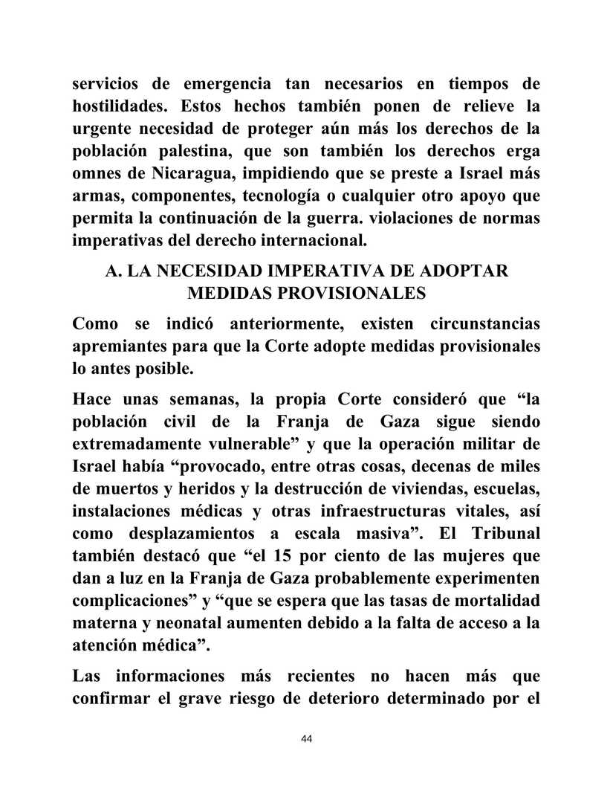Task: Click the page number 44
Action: click(306, 738)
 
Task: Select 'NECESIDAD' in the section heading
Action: click(224, 271)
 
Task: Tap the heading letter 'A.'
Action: click(114, 271)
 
